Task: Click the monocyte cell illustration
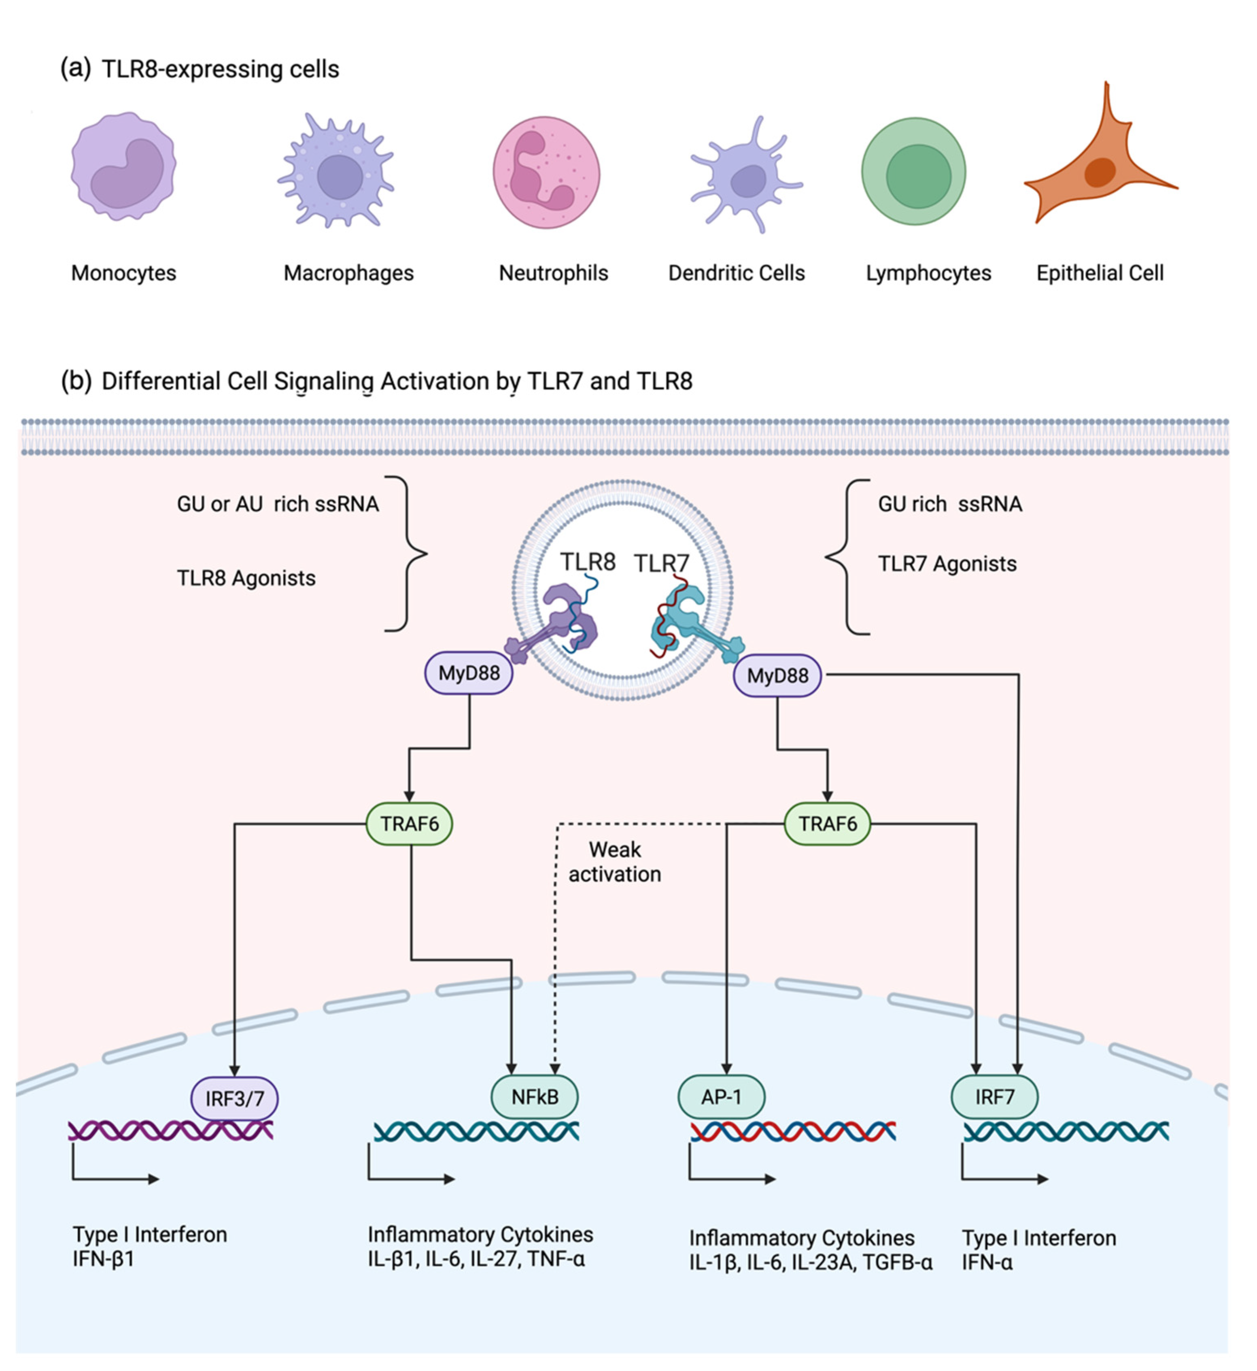(x=124, y=167)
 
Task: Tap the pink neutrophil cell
(x=546, y=172)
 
